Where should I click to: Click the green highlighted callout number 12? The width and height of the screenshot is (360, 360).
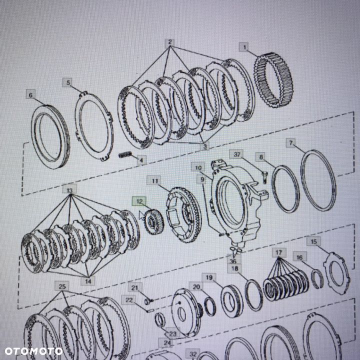[x=139, y=201]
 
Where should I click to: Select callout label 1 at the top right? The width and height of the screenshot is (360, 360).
[x=244, y=47]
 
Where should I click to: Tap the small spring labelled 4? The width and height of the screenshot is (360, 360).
[x=125, y=154]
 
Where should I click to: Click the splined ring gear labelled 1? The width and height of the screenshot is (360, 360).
[x=273, y=80]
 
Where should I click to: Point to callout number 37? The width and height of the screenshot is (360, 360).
[x=236, y=154]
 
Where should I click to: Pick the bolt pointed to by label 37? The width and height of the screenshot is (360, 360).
[x=264, y=177]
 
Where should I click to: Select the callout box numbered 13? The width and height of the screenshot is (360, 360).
[x=69, y=190]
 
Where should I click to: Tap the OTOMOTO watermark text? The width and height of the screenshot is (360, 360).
[x=34, y=351]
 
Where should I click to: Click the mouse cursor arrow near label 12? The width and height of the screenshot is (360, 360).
[x=141, y=215]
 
